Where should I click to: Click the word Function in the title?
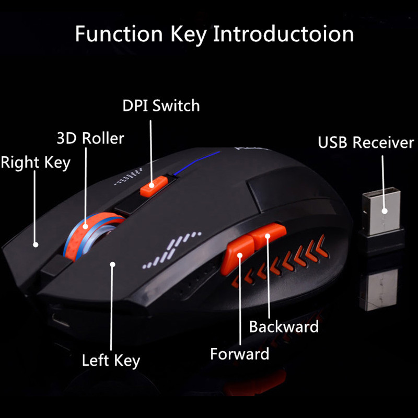120,34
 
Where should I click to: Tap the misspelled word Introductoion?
284,34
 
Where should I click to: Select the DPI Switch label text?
161,106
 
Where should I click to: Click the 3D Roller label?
90,138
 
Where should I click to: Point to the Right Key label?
35,162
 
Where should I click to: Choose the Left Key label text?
111,360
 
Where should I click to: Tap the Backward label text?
284,327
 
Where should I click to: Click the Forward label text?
239,354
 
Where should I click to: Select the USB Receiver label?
366,143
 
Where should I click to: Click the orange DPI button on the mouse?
152,185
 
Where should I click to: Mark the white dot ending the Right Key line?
36,244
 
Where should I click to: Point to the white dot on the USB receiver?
384,212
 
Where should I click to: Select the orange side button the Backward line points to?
268,234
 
